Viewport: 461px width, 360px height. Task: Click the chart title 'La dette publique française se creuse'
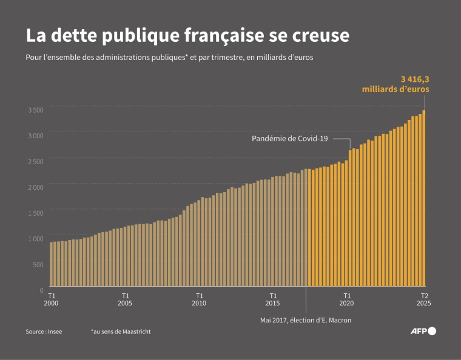pos(187,35)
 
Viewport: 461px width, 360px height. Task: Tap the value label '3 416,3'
pos(414,78)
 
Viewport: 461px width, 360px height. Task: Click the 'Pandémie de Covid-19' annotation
pos(290,139)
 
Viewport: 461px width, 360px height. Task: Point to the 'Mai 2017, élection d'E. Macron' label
pos(306,320)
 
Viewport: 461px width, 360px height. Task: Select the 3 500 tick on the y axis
pos(36,110)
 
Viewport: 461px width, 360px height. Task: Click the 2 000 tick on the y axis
pos(36,187)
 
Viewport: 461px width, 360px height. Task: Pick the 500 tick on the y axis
pos(38,264)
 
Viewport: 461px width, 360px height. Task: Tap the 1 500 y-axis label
pos(36,213)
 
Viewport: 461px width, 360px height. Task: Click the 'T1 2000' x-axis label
pos(52,299)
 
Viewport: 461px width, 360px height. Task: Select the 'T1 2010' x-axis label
pos(199,299)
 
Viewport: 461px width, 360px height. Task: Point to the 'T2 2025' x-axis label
pos(424,299)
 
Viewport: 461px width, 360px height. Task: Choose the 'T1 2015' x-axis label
pos(273,299)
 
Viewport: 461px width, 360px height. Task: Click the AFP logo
pos(423,331)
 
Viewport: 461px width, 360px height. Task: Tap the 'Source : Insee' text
pos(44,332)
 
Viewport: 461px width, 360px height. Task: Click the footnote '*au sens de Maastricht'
pos(121,332)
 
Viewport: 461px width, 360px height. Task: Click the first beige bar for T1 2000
pos(52,264)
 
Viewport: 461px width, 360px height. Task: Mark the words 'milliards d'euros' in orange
pos(395,89)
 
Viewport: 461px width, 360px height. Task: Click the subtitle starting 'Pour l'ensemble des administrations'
pos(169,58)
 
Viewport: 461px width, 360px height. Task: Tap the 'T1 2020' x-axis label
pos(346,299)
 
